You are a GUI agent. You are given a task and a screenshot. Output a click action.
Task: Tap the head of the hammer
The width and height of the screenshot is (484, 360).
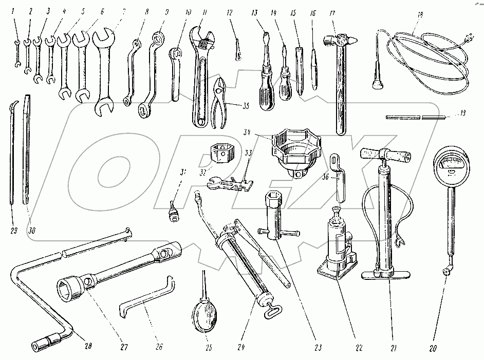[x=339, y=39]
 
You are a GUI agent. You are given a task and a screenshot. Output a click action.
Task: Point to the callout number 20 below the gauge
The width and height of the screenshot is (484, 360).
[x=433, y=348]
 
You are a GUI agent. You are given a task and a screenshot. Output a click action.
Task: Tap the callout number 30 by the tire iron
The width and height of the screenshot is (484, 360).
[x=33, y=231]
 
